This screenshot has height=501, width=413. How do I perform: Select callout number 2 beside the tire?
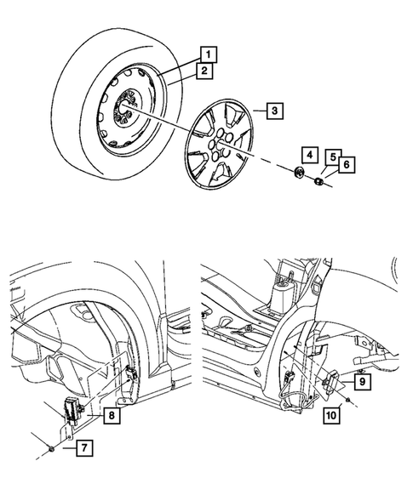pyautogui.click(x=204, y=72)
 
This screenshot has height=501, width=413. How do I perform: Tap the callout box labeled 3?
pyautogui.click(x=272, y=111)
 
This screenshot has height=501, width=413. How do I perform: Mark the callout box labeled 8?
pyautogui.click(x=112, y=415)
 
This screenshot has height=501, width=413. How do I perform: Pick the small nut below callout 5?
pyautogui.click(x=318, y=180)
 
